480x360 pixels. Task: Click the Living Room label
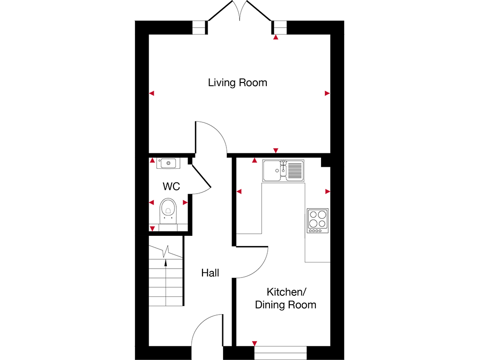(237, 83)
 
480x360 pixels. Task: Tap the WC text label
(171, 187)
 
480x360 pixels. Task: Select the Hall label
(210, 273)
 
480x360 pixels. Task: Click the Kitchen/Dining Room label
(285, 299)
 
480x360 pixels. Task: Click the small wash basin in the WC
(167, 164)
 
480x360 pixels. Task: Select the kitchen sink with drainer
(283, 170)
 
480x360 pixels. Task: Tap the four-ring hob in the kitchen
(317, 220)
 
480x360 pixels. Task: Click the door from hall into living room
(211, 136)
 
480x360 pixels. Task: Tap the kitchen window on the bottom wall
(280, 352)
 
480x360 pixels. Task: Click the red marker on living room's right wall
(327, 93)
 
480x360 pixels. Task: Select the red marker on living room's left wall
(151, 94)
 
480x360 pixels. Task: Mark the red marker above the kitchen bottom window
(255, 343)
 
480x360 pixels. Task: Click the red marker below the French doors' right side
(276, 37)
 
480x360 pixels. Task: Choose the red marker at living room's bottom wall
(276, 150)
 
